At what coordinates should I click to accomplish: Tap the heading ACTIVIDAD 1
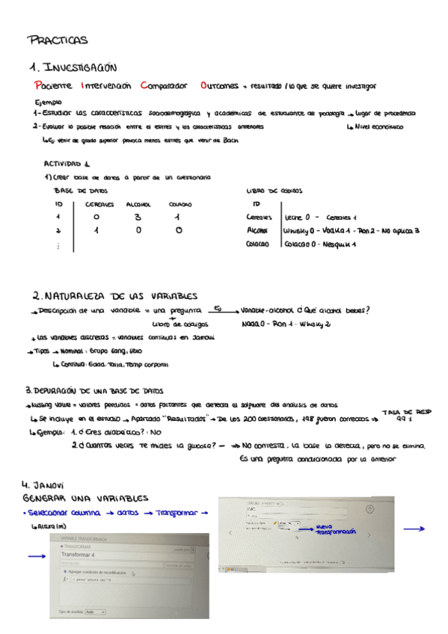(67, 164)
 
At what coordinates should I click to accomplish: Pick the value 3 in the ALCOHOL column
(138, 218)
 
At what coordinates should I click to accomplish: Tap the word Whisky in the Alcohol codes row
(297, 230)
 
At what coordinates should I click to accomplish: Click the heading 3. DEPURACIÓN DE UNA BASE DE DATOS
(95, 390)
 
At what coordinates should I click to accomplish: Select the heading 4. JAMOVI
(43, 484)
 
